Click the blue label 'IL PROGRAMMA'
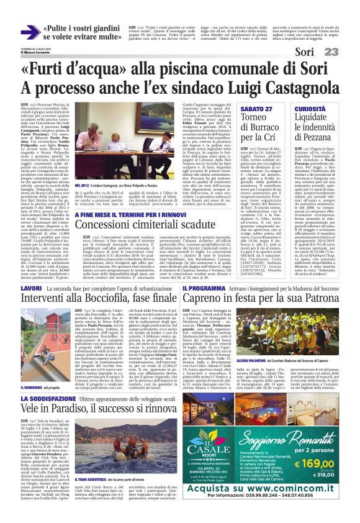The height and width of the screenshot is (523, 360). pos(202,288)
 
